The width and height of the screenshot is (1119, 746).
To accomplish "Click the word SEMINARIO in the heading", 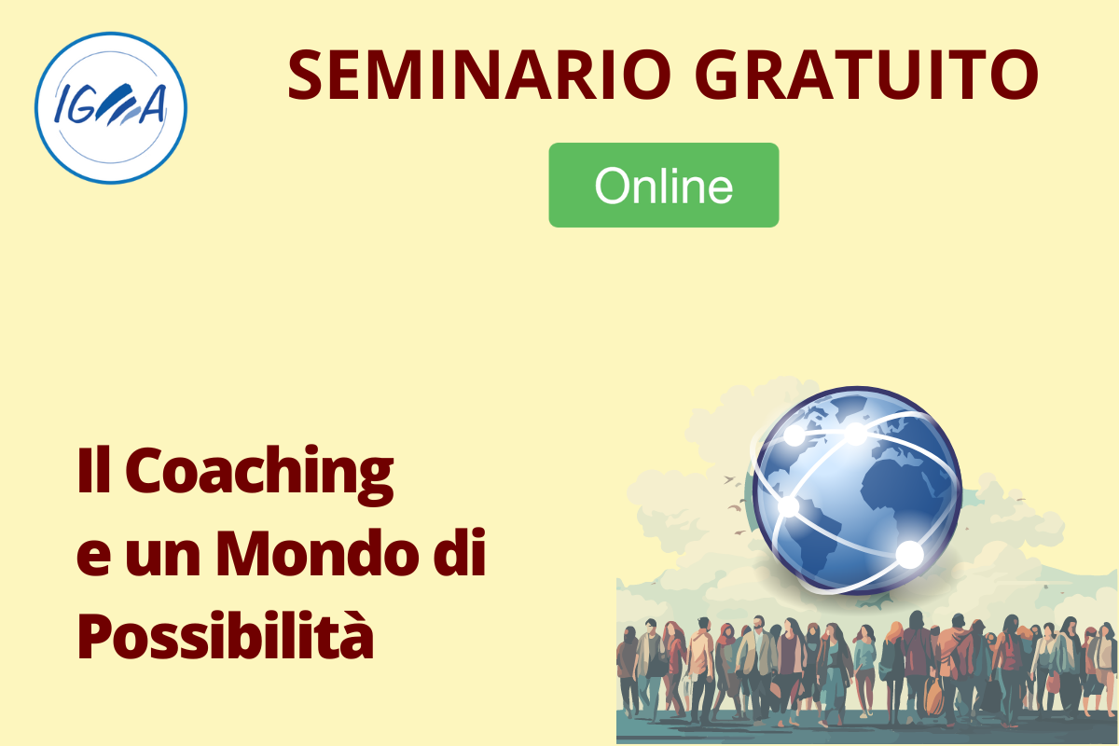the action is click(x=479, y=75).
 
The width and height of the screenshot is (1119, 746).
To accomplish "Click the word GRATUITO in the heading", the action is click(x=866, y=75).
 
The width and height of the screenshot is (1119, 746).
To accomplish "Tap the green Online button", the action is click(x=664, y=185).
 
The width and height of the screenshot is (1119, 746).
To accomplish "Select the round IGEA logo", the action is click(x=111, y=108).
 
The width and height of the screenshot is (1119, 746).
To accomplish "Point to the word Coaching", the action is click(x=259, y=476).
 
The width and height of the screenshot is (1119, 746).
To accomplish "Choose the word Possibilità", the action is click(x=226, y=636).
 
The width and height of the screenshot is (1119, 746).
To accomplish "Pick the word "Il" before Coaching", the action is click(x=93, y=470).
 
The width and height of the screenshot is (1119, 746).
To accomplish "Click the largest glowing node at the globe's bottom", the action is click(x=910, y=555).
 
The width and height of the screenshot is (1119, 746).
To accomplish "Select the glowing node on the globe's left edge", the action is click(x=789, y=506).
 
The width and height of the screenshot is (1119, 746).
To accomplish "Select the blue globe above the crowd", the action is click(x=857, y=490).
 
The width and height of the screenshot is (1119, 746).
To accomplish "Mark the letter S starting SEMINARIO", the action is click(x=305, y=75).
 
